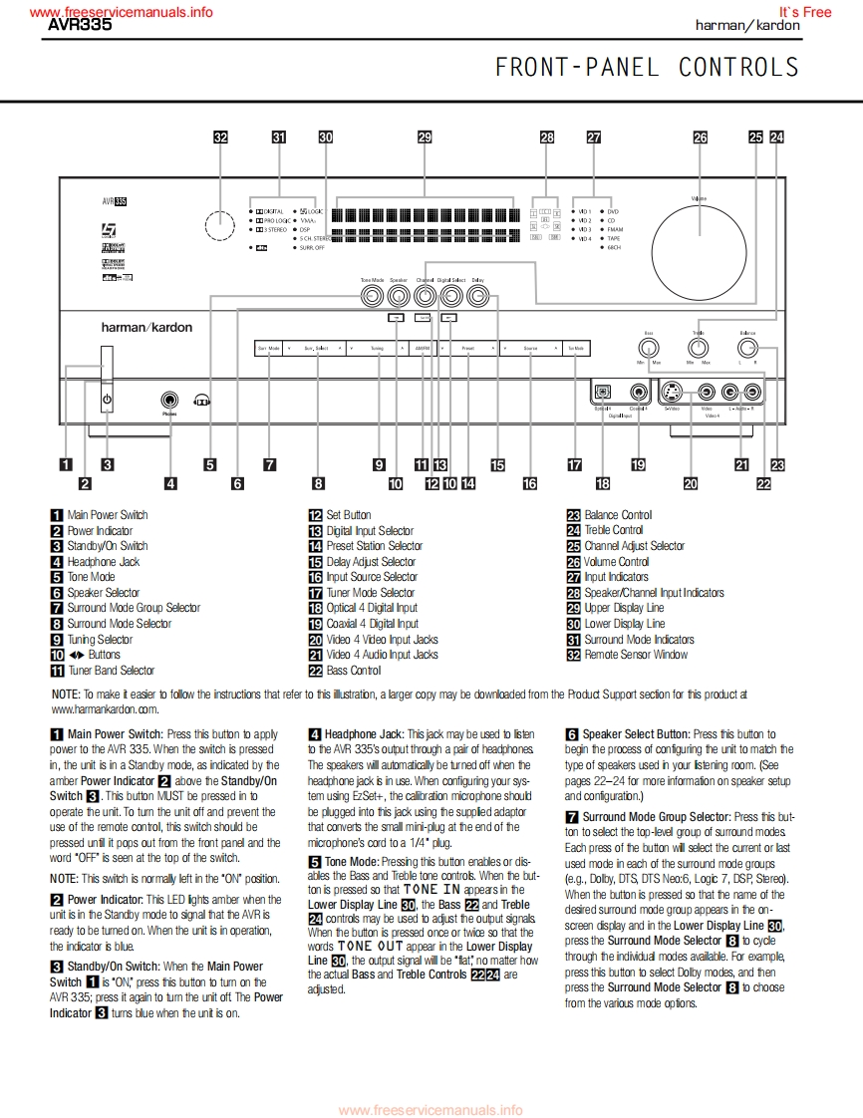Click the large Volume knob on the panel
click(700, 244)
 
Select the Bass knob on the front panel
click(649, 347)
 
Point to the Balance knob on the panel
click(747, 347)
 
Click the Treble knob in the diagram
click(699, 347)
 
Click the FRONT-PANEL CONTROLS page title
click(647, 67)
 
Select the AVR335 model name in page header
click(81, 26)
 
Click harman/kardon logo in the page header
click(746, 26)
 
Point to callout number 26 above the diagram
click(701, 139)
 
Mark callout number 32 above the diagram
click(221, 139)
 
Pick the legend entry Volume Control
click(616, 561)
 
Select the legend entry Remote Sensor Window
click(636, 655)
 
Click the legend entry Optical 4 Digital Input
click(372, 608)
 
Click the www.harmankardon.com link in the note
click(105, 709)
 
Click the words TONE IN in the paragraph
click(431, 889)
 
